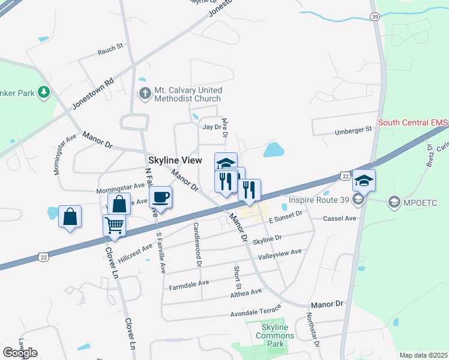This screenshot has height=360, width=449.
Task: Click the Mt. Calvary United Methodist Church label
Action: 187,94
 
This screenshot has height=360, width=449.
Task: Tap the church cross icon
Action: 144,94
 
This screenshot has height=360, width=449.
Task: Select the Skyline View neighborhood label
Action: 175,161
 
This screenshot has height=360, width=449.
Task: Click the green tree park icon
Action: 43,92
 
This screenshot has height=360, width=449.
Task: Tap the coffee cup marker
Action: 160,197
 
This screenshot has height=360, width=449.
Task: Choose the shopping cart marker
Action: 114,226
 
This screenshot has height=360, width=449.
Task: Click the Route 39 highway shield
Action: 375,17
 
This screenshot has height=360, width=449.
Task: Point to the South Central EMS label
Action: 413,124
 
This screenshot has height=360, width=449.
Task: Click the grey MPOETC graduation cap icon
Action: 394,201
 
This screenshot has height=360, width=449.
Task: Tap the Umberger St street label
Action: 353,130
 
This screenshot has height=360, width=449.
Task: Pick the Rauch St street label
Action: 110,53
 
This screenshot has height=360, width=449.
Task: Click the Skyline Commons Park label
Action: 275,335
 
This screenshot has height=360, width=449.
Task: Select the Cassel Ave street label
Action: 340,218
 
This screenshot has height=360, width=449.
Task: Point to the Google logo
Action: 20,353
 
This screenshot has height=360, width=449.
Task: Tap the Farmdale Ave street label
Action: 188,283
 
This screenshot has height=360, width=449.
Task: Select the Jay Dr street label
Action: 212,127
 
